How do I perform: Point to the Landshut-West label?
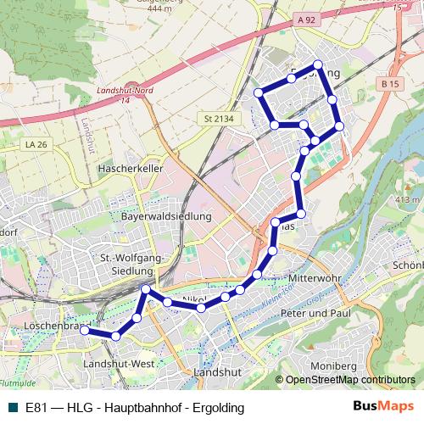118,363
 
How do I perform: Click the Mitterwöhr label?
314,279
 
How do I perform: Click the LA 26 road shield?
36,145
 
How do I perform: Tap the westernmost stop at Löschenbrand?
85,331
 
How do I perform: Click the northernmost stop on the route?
318,64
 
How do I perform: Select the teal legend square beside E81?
11,407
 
